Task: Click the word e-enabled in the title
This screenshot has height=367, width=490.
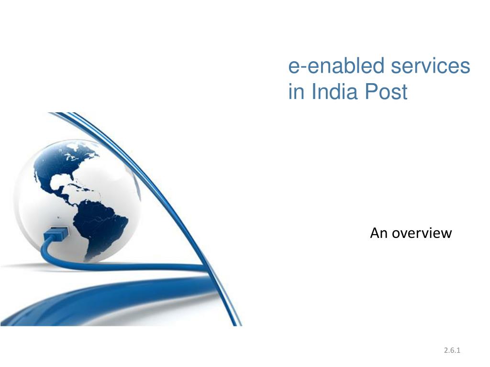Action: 336,65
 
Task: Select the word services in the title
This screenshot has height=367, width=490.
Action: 430,66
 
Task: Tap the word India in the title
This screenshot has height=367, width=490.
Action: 334,91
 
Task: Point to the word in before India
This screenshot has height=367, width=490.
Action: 296,91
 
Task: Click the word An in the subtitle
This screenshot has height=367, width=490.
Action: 379,233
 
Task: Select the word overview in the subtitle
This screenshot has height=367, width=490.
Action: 422,233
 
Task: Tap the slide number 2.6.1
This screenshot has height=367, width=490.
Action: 452,350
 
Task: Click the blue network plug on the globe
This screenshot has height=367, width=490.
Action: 56,233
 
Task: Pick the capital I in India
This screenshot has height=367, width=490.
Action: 313,91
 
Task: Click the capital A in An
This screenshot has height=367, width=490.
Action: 375,233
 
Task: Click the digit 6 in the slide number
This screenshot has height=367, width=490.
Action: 452,350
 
